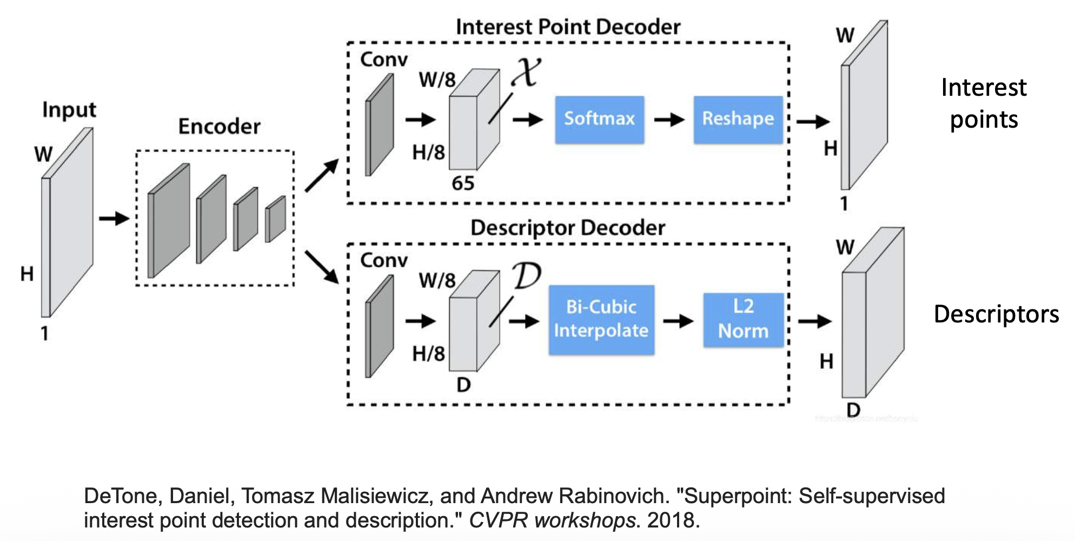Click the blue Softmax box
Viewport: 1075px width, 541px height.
tap(599, 120)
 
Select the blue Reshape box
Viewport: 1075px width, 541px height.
tap(738, 120)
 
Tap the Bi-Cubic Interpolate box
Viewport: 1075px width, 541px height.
tap(601, 320)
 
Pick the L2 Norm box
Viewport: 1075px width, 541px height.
tap(743, 320)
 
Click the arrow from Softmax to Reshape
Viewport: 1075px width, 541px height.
tap(669, 120)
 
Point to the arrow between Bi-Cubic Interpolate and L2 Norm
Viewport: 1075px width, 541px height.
tap(678, 321)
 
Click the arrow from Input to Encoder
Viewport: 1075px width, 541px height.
tap(114, 219)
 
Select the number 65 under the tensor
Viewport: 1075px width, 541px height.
tap(463, 183)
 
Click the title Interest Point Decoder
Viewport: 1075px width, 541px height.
tap(568, 27)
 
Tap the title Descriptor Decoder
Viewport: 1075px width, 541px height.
tap(568, 228)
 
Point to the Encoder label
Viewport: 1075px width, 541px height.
tap(219, 127)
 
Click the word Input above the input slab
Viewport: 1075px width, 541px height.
tap(69, 110)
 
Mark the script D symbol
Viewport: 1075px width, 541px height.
tap(527, 276)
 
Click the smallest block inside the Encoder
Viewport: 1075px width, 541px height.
tap(276, 219)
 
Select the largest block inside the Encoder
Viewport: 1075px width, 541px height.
tap(169, 221)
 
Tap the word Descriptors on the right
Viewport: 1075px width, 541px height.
tap(996, 314)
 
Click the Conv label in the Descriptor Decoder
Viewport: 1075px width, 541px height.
tap(384, 261)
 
